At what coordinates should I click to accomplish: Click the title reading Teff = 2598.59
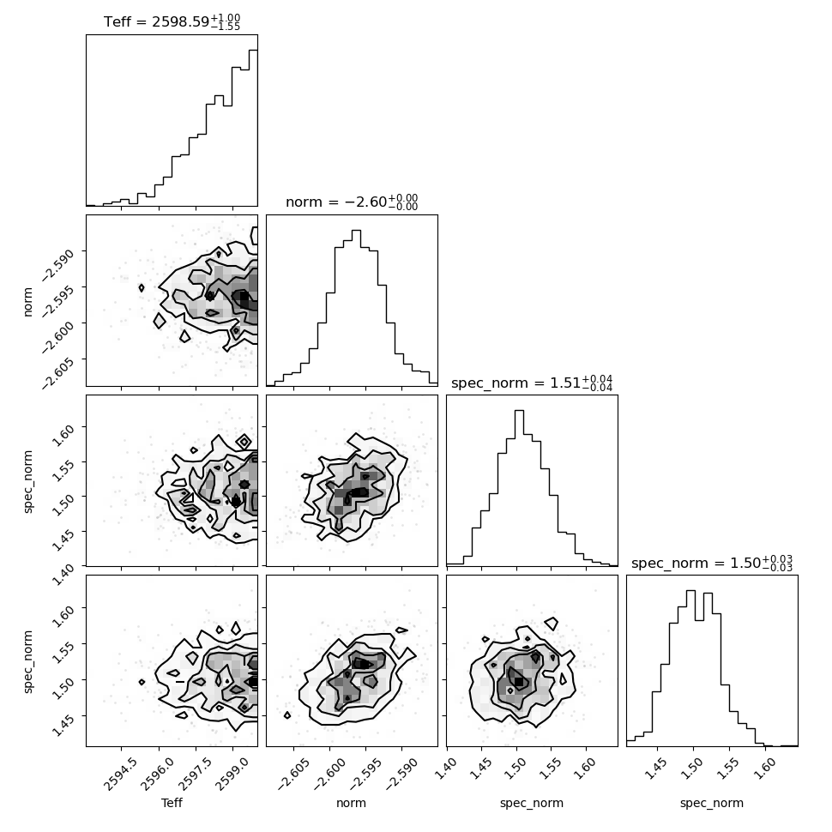tap(172, 21)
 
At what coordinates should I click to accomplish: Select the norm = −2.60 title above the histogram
tap(352, 202)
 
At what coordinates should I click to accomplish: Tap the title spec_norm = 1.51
tap(532, 383)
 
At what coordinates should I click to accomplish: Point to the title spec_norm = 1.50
tap(712, 563)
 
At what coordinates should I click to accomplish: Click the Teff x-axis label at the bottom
tap(172, 803)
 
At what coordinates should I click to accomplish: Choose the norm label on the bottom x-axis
tap(352, 803)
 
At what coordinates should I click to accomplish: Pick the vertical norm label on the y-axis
tap(28, 302)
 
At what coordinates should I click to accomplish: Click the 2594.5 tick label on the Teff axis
tap(119, 775)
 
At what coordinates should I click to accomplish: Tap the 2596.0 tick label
tap(156, 775)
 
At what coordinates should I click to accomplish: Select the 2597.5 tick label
tap(193, 775)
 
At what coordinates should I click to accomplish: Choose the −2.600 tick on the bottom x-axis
tap(329, 775)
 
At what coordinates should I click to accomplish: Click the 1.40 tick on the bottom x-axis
tap(445, 770)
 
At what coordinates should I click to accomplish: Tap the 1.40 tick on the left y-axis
tap(63, 576)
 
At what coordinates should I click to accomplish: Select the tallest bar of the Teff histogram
tap(254, 128)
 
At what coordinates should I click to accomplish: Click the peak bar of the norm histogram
tap(356, 308)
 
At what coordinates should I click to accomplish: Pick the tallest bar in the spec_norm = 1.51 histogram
tap(520, 488)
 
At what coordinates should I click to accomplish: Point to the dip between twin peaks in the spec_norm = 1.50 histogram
tap(699, 683)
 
